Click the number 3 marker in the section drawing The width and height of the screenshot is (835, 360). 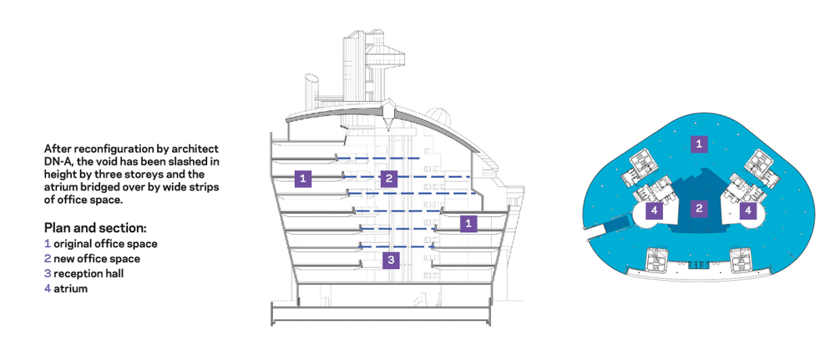click(x=391, y=260)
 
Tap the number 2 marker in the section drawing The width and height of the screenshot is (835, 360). click(x=389, y=179)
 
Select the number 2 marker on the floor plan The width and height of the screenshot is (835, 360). click(x=699, y=209)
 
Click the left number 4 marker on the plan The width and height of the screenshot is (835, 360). click(x=655, y=210)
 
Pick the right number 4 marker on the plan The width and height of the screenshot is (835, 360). click(x=747, y=210)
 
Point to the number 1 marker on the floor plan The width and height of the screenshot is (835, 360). click(x=699, y=144)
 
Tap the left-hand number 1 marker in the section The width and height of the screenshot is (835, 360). click(x=303, y=179)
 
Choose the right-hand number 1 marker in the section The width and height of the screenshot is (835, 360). click(x=468, y=223)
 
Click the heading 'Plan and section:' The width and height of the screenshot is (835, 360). click(x=95, y=229)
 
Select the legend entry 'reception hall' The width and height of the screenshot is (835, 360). click(x=89, y=274)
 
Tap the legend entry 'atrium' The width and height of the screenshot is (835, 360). click(x=71, y=289)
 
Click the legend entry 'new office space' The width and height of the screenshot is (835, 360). click(x=97, y=259)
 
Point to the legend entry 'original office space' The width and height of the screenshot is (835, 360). click(x=105, y=244)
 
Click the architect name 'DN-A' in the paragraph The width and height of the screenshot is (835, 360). click(x=57, y=160)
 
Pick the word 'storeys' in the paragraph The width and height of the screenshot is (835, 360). click(x=187, y=174)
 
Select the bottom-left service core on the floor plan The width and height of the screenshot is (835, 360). click(x=655, y=260)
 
